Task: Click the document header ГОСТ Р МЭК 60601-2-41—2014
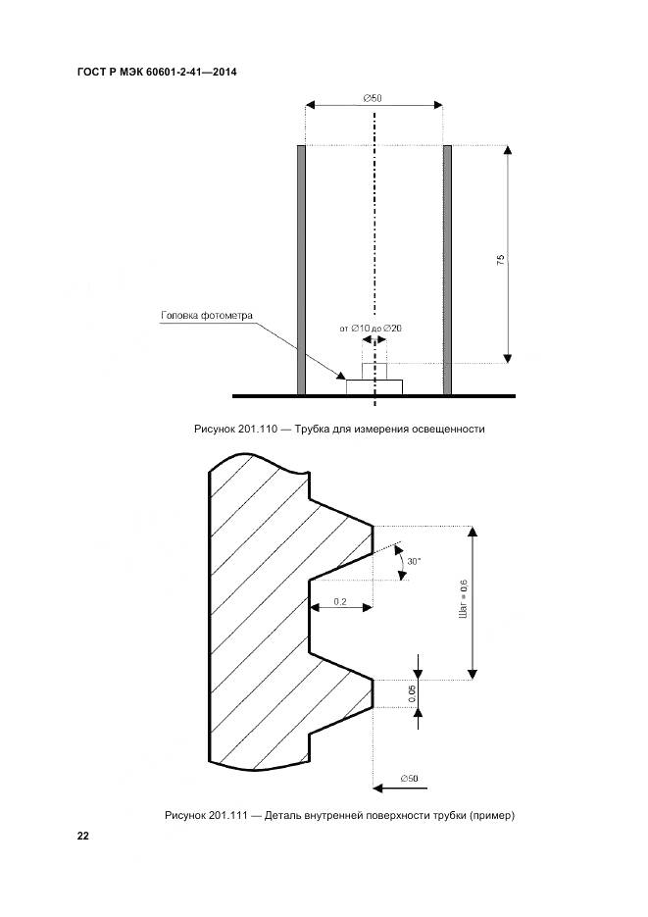[x=157, y=72]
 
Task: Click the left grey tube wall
[x=302, y=270]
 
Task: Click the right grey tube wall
[x=447, y=270]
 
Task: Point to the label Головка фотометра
[x=207, y=316]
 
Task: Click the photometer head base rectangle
[x=374, y=387]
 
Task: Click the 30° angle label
[x=414, y=561]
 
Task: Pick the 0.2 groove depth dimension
[x=340, y=600]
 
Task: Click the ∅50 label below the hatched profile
[x=410, y=778]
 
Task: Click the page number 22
[x=83, y=836]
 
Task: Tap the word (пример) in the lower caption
[x=493, y=816]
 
